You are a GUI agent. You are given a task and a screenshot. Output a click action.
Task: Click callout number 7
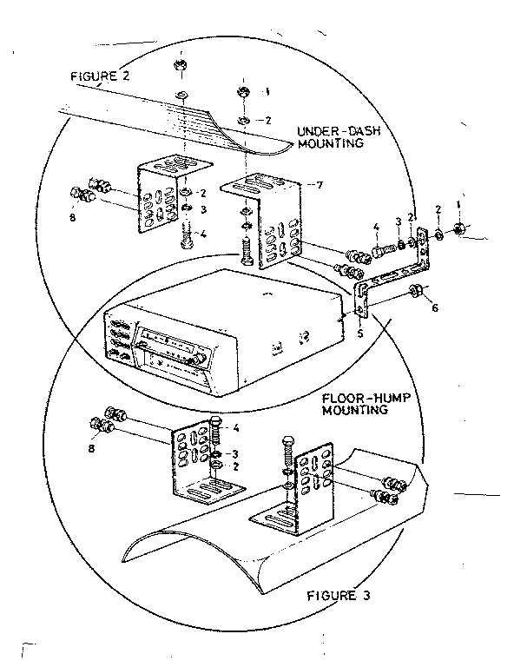[x=320, y=187]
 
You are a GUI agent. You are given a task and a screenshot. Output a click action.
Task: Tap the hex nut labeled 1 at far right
[x=460, y=229]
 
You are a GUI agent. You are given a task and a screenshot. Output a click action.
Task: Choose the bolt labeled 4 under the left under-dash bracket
[x=188, y=234]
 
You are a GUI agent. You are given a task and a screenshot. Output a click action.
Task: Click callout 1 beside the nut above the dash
[x=267, y=90]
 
